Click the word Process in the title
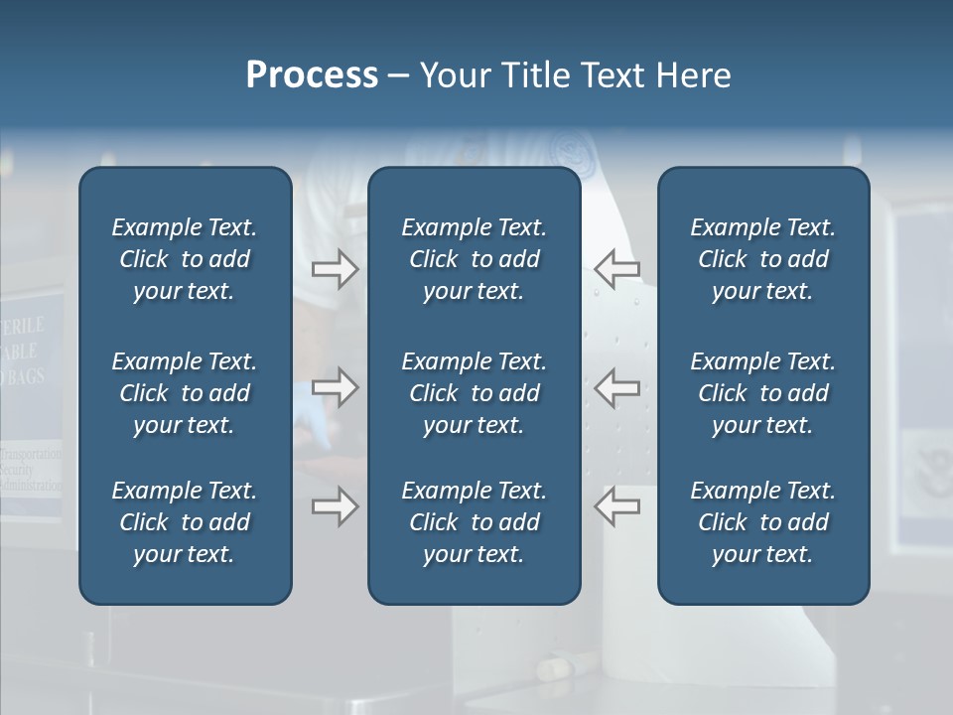click(x=312, y=75)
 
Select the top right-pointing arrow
click(x=335, y=269)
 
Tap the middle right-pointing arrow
click(x=335, y=387)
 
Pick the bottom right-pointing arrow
click(x=335, y=506)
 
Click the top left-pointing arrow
click(x=616, y=269)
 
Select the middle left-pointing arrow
click(x=616, y=387)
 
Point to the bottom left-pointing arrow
click(x=616, y=506)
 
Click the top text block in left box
click(x=185, y=259)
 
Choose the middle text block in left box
click(x=185, y=393)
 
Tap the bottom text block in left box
click(x=185, y=522)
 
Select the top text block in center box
click(x=474, y=259)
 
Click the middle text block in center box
click(x=474, y=393)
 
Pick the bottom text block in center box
click(x=474, y=522)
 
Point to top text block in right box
click(x=762, y=259)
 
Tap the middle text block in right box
click(x=762, y=393)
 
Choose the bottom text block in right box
click(x=762, y=522)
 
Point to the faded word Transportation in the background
click(x=32, y=455)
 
